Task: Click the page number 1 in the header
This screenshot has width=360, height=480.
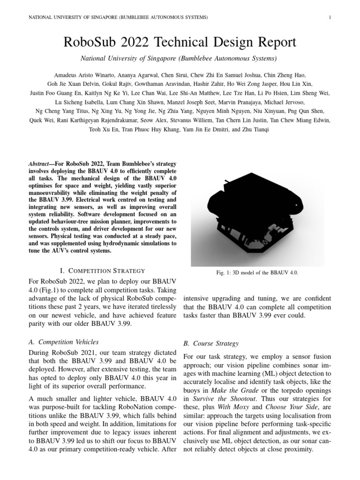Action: pyautogui.click(x=330, y=18)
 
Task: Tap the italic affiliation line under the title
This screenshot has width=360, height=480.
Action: pyautogui.click(x=180, y=59)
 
